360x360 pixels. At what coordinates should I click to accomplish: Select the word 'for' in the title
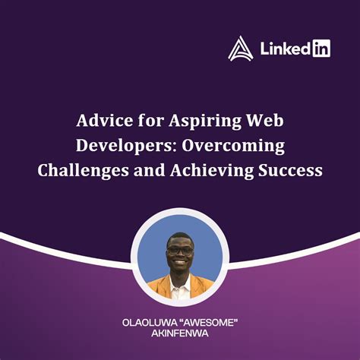(150, 121)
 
